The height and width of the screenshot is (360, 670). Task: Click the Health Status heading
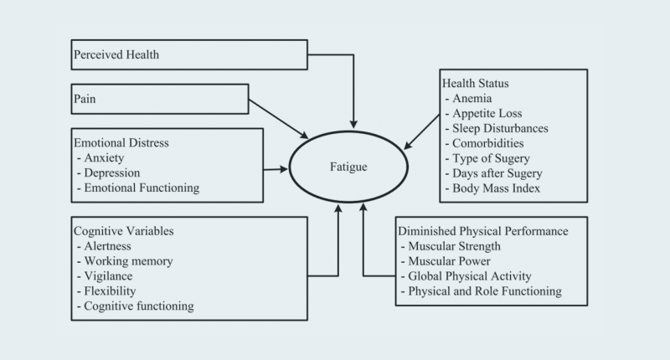(x=475, y=84)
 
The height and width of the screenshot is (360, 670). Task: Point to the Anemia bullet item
(x=472, y=99)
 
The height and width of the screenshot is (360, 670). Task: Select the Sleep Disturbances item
(x=499, y=129)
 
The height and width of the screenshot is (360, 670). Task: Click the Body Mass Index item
(x=497, y=189)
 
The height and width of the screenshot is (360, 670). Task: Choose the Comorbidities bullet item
(x=490, y=144)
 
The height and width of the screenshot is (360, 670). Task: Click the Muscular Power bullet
(x=453, y=261)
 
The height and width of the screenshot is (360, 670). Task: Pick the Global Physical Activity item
(x=470, y=276)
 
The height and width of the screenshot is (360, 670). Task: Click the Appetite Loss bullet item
(x=487, y=114)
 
